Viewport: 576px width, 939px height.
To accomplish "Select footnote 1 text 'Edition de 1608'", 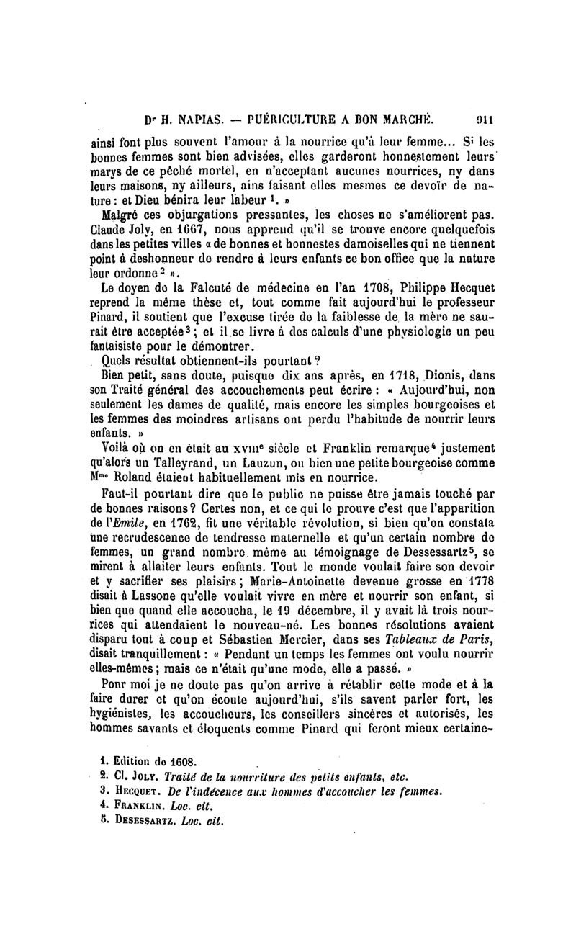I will [152, 761].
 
